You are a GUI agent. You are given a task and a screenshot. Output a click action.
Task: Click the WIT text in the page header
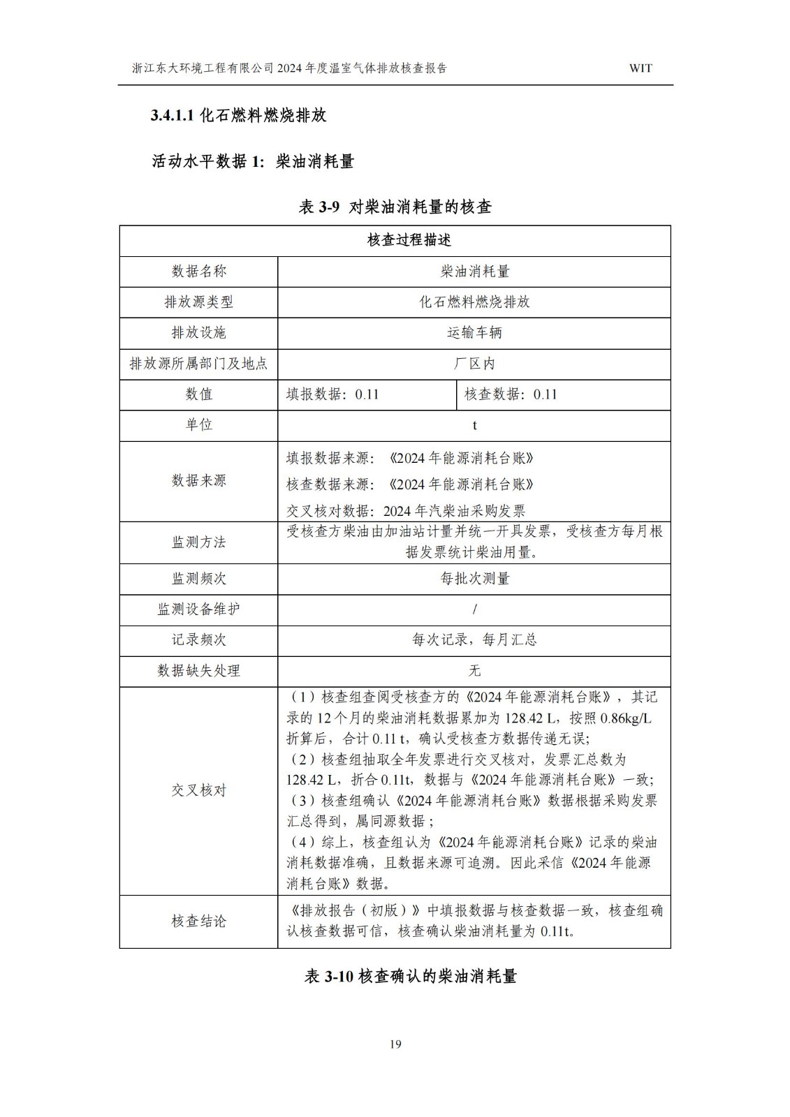tap(640, 68)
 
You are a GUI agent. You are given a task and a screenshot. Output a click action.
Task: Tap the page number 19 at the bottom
tap(395, 1044)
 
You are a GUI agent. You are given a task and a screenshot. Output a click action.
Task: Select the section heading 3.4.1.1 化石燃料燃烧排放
tap(239, 116)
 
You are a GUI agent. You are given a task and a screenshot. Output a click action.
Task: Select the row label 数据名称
tap(198, 271)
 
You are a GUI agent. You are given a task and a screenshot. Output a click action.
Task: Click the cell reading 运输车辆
tap(474, 332)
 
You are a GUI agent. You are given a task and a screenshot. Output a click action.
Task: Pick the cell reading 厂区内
tap(474, 363)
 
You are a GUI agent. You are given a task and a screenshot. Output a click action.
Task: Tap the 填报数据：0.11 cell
tap(332, 394)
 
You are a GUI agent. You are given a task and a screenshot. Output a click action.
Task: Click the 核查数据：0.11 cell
tap(511, 394)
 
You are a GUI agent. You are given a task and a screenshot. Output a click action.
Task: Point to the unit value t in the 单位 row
tap(474, 425)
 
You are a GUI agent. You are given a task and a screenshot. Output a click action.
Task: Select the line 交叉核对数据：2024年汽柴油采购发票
tap(406, 510)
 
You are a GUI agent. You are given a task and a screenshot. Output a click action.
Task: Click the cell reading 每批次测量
tap(474, 578)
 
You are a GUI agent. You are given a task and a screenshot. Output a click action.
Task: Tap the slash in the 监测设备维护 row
tap(474, 609)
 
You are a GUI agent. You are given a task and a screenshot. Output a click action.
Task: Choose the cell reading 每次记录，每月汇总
tap(474, 639)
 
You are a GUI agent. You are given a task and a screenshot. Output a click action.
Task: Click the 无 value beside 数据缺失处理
tap(474, 670)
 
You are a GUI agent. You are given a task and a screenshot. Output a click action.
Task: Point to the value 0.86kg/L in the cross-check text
tap(625, 718)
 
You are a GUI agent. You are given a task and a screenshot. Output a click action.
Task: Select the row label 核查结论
tap(198, 922)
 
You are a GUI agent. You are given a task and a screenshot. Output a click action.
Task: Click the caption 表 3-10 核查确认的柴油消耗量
tap(410, 977)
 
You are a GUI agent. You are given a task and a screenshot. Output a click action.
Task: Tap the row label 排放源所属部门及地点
tap(198, 363)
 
